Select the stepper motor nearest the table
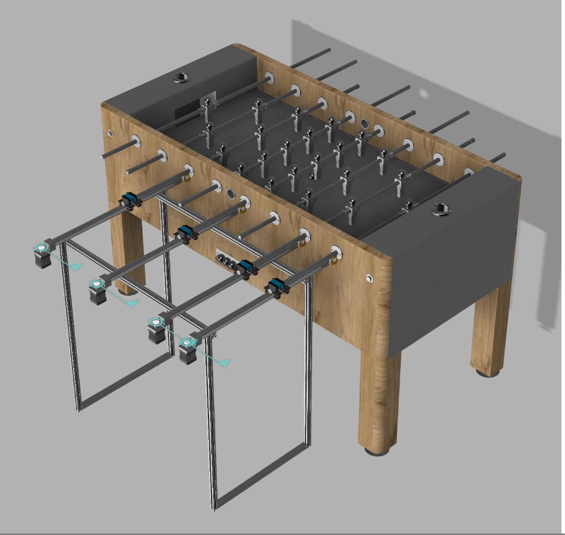click(188, 349)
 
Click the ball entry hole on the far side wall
click(365, 123)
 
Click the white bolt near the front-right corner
click(369, 279)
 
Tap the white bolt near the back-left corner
click(109, 133)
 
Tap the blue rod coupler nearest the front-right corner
click(275, 286)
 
